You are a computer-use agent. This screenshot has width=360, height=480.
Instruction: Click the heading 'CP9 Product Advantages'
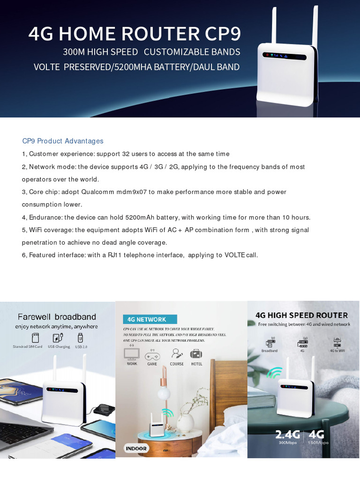[x=63, y=141]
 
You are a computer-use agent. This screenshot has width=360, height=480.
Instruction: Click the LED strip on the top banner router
[x=284, y=56]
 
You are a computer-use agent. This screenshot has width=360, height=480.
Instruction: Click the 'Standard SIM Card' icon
[x=35, y=337]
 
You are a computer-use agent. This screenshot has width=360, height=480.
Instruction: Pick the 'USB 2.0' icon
[x=80, y=337]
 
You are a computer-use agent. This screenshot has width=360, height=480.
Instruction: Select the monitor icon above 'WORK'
[x=131, y=354]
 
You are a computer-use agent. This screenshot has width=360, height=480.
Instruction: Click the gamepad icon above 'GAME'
[x=152, y=355]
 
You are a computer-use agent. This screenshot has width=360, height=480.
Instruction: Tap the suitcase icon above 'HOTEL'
[x=196, y=354]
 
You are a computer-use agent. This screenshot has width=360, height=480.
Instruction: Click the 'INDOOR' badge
[x=136, y=449]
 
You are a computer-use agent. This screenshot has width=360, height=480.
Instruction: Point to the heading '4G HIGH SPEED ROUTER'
[x=301, y=315]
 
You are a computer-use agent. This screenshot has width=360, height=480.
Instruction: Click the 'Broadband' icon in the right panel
[x=270, y=343]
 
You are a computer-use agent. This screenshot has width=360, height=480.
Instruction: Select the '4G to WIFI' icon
[x=337, y=343]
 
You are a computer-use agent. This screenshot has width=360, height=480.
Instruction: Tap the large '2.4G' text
[x=287, y=435]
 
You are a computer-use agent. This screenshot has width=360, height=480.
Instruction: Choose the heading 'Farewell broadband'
[x=57, y=317]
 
